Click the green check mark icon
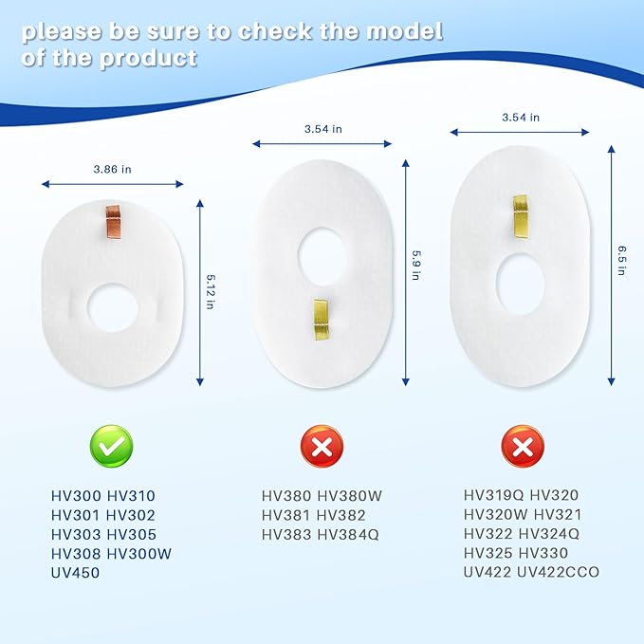(x=111, y=446)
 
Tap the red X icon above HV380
(x=322, y=446)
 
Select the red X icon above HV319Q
(x=523, y=446)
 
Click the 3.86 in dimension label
(x=112, y=169)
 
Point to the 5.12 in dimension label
(x=210, y=292)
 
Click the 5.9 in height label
(x=415, y=265)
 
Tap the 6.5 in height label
(x=622, y=261)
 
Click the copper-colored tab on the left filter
(x=114, y=222)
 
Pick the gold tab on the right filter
(x=522, y=216)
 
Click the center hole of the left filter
(x=113, y=307)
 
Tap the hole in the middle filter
(x=322, y=257)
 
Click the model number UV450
(x=75, y=573)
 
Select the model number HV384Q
(x=348, y=534)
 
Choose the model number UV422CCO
(x=558, y=572)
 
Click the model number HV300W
(x=138, y=554)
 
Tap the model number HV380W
(x=350, y=496)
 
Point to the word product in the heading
(x=149, y=58)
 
